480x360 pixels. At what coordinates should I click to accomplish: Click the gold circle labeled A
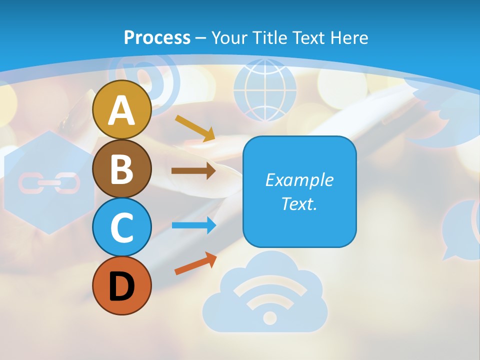121,109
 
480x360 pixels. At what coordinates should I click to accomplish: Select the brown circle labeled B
121,168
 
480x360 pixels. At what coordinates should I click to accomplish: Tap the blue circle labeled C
121,227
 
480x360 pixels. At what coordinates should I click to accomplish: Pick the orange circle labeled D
121,285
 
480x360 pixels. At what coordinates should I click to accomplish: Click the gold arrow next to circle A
194,127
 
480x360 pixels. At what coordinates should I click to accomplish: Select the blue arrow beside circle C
193,225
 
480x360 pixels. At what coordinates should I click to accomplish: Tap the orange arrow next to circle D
195,263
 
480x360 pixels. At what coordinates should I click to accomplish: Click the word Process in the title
157,37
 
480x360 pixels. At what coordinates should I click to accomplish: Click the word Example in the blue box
299,180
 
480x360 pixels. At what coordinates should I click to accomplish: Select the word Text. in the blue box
299,204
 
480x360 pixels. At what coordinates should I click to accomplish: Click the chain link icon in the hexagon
49,183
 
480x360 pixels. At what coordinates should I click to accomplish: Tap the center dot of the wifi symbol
269,317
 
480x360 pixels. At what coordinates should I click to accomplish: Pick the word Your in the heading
230,37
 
